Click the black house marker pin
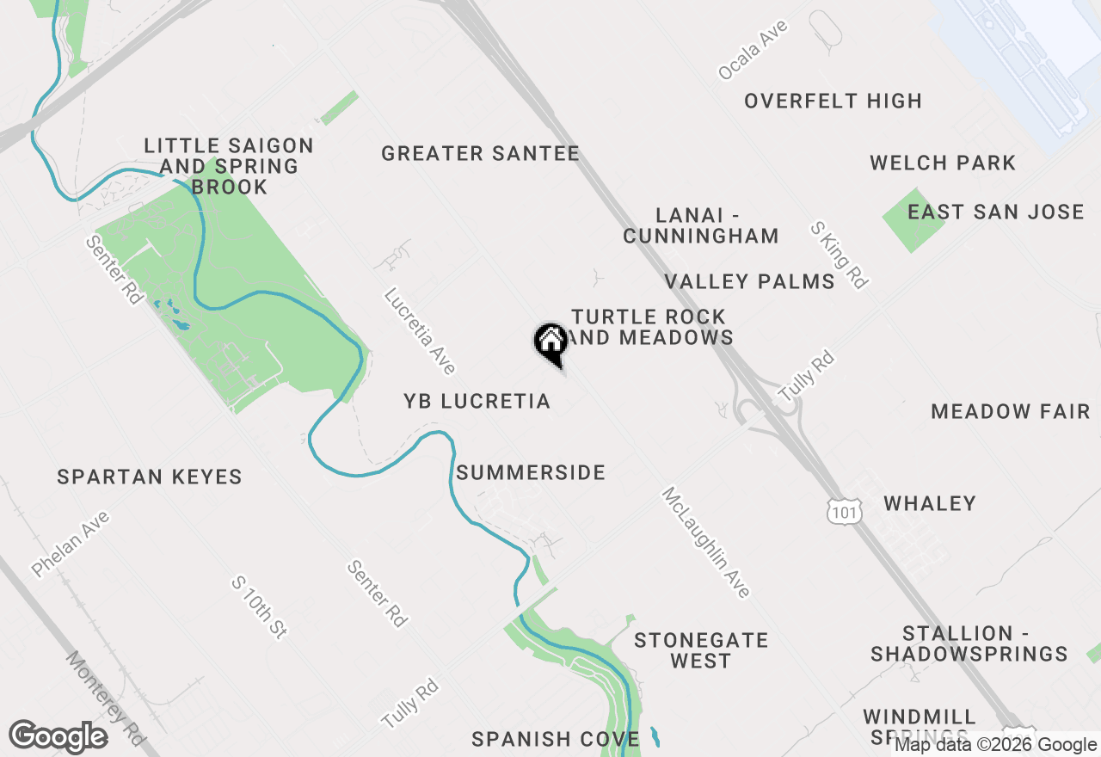[550, 342]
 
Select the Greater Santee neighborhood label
[480, 154]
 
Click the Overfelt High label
[833, 101]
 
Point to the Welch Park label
[942, 163]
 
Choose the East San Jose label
[995, 212]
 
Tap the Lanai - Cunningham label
[700, 225]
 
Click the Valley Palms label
[749, 281]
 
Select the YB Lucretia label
[477, 402]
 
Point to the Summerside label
[531, 472]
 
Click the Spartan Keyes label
[150, 477]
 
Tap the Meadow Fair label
[1010, 411]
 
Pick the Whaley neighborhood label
[930, 503]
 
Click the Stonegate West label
[700, 650]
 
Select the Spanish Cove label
[556, 739]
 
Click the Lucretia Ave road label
[420, 331]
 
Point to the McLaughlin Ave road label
[705, 542]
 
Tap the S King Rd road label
[838, 254]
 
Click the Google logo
[58, 737]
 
